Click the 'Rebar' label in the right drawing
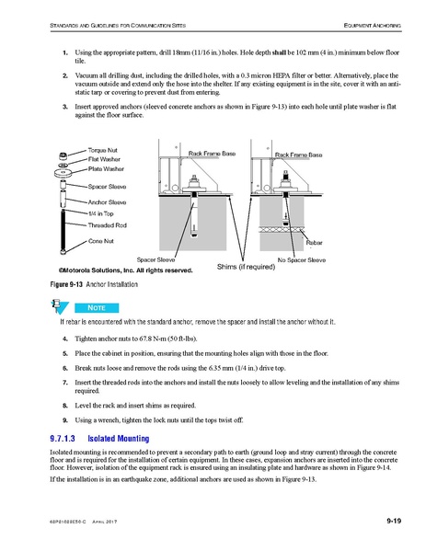click(318, 241)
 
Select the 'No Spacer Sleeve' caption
click(301, 260)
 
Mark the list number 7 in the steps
click(64, 380)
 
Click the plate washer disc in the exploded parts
click(63, 172)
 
